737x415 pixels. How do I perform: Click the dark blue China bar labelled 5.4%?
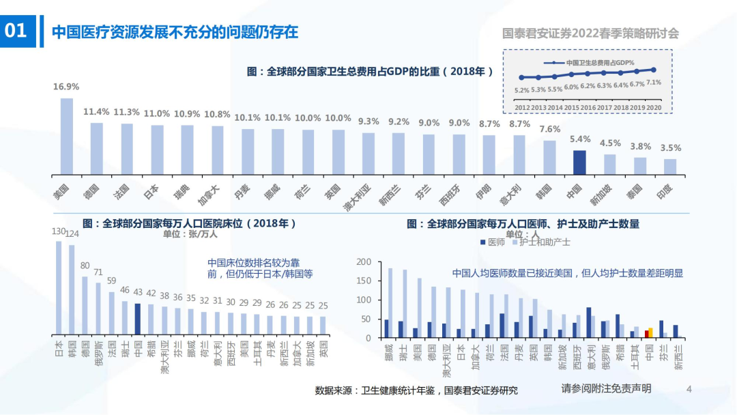point(579,162)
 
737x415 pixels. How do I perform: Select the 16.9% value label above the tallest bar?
point(66,87)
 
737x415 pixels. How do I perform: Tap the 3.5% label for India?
point(670,148)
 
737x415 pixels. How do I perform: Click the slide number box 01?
point(16,31)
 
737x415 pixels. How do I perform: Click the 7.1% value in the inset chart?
point(653,82)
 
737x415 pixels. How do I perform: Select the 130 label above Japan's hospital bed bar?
point(59,231)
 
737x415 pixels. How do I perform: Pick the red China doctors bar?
point(646,334)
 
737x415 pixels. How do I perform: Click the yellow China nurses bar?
point(651,332)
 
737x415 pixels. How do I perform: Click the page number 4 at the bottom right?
point(689,389)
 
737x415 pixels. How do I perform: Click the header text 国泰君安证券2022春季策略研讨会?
point(590,33)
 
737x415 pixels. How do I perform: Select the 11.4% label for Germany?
point(96,112)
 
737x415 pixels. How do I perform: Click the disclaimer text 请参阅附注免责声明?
point(606,388)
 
